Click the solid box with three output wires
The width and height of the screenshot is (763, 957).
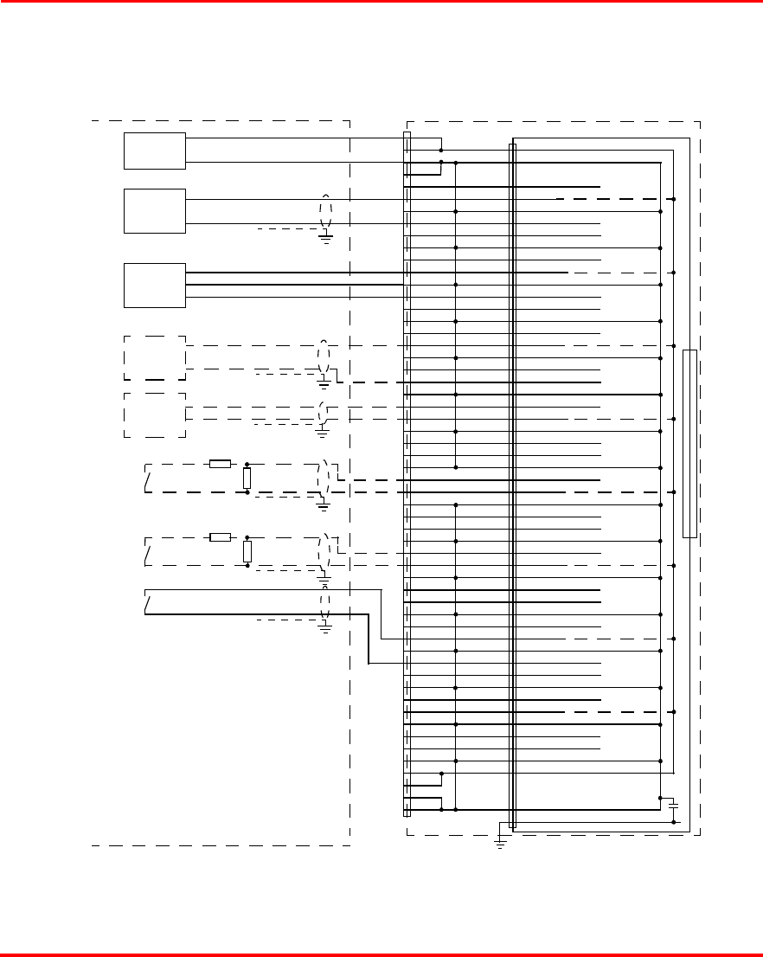[155, 285]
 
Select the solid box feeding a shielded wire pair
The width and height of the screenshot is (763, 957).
[155, 210]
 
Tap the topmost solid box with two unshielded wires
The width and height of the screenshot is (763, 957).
[155, 151]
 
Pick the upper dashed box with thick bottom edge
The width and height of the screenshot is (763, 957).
[155, 357]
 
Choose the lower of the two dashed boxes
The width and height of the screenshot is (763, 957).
[155, 414]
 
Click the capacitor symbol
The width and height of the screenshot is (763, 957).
[674, 805]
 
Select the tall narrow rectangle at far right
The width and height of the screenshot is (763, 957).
[689, 444]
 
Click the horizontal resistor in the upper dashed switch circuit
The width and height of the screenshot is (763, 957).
[221, 464]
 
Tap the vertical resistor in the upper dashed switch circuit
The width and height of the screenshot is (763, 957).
[247, 478]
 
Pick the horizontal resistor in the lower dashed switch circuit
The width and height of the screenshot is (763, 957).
[221, 537]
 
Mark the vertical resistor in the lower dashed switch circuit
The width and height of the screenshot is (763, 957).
[247, 551]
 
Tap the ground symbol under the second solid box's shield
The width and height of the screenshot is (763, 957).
[326, 237]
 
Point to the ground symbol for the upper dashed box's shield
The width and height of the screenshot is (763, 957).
[324, 382]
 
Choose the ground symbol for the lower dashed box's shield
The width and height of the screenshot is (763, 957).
[324, 427]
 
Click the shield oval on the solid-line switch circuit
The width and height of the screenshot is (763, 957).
[325, 602]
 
